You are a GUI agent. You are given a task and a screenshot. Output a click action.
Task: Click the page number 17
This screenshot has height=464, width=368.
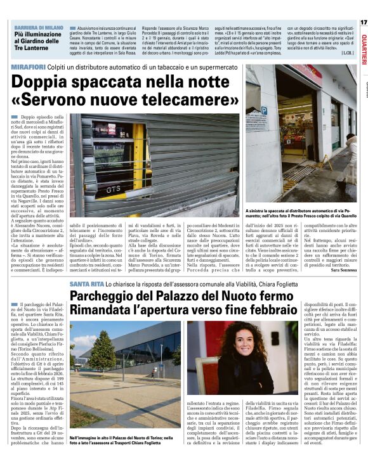point(363,22)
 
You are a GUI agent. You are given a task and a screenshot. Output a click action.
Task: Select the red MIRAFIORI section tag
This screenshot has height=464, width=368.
point(29,67)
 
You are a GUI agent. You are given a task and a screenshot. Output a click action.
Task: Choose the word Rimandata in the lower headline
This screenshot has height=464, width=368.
point(104,311)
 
